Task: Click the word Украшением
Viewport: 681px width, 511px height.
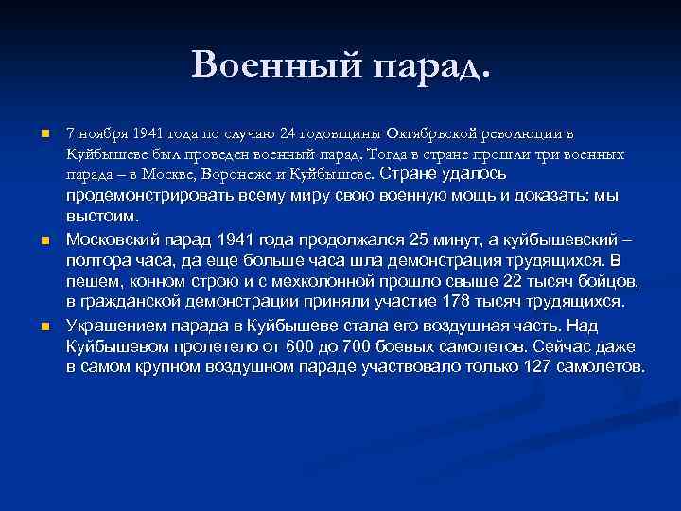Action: [x=116, y=325]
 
